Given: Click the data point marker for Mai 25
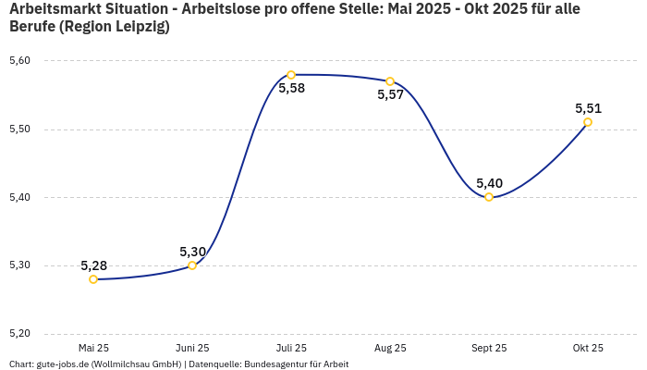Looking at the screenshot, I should [93, 279].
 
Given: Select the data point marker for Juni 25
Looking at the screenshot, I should [192, 265].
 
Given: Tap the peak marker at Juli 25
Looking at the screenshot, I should [291, 75].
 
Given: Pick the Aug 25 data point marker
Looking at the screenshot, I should [390, 81].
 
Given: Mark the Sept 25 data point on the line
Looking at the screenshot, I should [489, 197].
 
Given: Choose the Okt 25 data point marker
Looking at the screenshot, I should [588, 122].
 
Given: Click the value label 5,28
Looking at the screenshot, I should [93, 265].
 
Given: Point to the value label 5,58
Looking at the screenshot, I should [291, 89].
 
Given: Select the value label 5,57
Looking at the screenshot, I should [390, 95].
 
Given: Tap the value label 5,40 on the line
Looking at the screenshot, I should [489, 183].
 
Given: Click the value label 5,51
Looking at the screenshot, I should [588, 108].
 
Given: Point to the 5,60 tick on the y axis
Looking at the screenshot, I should [19, 61].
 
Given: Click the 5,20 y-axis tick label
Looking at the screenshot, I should [19, 333].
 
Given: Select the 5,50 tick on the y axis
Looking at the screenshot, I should [19, 129].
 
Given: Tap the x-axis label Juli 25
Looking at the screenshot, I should [291, 348].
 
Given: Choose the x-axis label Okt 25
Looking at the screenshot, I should [588, 348].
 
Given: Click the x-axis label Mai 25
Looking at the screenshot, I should [93, 348].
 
